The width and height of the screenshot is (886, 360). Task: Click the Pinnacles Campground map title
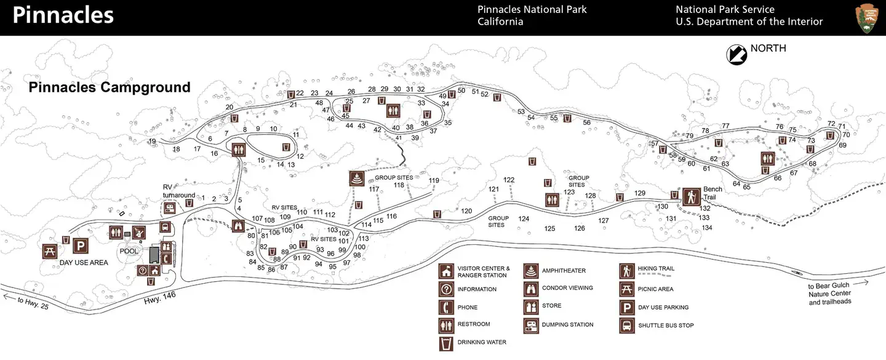110,87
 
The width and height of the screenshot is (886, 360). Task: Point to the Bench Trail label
712,193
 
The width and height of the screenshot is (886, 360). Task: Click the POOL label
129,251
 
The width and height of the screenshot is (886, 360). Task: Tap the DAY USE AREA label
84,263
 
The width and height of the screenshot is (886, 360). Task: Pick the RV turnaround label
179,191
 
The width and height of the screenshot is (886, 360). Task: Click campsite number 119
434,180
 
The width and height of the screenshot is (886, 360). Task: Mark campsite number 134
707,228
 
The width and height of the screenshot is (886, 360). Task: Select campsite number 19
152,142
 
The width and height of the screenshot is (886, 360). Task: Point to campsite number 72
832,124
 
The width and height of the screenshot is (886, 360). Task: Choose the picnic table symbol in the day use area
50,250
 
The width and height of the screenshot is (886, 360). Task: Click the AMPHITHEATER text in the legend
564,271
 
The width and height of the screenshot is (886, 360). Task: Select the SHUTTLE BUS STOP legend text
666,326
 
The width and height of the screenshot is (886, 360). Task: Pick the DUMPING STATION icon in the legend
531,324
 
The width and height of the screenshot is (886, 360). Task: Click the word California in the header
500,22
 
